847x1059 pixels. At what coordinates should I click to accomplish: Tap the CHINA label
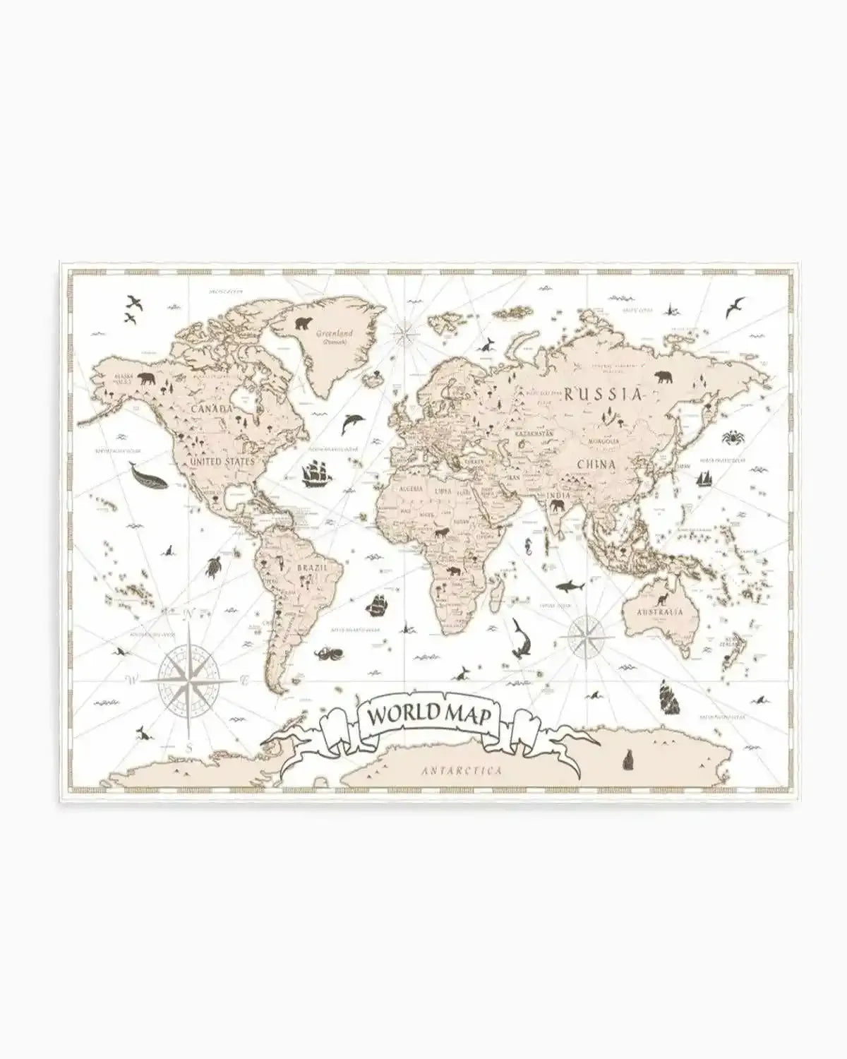tap(596, 465)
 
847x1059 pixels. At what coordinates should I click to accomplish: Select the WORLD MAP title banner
tap(426, 714)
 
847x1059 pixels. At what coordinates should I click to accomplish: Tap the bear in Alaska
tap(148, 379)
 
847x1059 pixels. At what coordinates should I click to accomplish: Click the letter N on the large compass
tap(188, 614)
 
